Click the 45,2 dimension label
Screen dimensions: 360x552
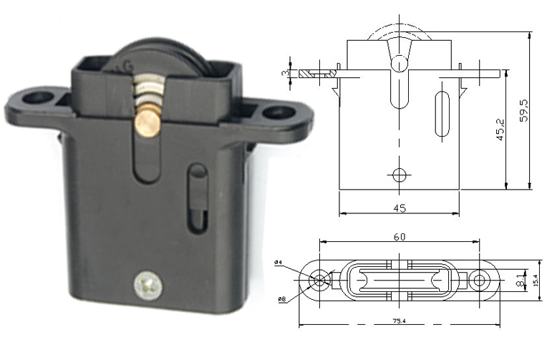coord(501,130)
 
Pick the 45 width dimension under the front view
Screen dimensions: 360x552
coord(400,208)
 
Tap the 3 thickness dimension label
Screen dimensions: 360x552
coord(285,73)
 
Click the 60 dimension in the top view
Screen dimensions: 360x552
coord(400,236)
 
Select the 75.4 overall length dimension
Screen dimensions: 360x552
coord(400,321)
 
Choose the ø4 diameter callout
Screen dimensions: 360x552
coord(277,263)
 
